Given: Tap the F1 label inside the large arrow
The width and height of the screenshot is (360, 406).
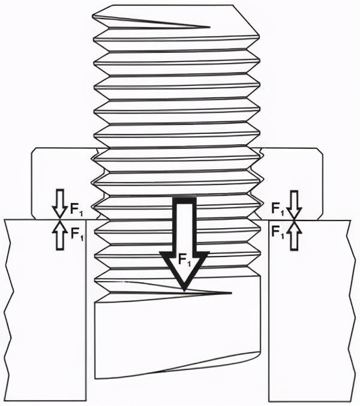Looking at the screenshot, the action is click(185, 259).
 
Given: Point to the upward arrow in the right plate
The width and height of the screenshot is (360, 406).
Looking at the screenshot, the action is click(294, 235).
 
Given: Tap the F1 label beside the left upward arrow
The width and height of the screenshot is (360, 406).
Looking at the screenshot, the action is click(77, 234).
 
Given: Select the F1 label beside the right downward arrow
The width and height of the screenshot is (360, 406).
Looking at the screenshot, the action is click(278, 208).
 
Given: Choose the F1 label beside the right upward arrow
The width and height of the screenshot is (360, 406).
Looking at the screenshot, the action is click(278, 232).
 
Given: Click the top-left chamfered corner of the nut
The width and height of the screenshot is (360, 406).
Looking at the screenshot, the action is click(34, 150).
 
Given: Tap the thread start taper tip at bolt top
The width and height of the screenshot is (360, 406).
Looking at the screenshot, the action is click(209, 26).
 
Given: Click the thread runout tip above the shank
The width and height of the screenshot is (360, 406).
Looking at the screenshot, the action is click(230, 293).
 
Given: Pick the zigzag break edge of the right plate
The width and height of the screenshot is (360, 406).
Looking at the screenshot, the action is click(352, 311).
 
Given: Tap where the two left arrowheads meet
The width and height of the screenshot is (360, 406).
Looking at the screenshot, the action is click(60, 220).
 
